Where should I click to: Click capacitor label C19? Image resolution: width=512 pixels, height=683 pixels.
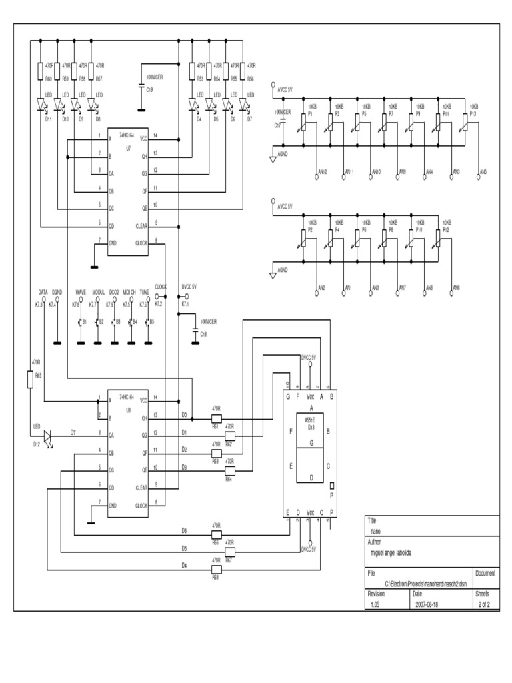click(x=149, y=89)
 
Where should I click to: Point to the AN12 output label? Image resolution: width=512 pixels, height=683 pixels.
click(x=323, y=172)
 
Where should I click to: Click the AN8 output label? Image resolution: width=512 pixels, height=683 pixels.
click(x=457, y=287)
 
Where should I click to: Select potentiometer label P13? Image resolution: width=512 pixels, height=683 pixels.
click(x=473, y=114)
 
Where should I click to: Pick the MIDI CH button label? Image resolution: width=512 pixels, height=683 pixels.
click(x=129, y=292)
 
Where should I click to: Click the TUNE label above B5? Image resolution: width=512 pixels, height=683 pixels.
click(x=144, y=292)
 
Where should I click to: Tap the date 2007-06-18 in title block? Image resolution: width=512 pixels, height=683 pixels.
click(x=427, y=604)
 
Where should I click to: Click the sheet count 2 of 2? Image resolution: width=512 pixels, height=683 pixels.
click(x=484, y=604)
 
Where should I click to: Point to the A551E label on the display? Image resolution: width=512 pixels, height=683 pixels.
click(x=310, y=420)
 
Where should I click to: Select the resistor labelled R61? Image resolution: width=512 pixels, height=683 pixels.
click(x=216, y=418)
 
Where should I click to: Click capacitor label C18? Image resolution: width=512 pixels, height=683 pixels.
click(x=204, y=333)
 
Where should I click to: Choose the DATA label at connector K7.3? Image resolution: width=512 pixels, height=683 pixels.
click(x=43, y=292)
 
